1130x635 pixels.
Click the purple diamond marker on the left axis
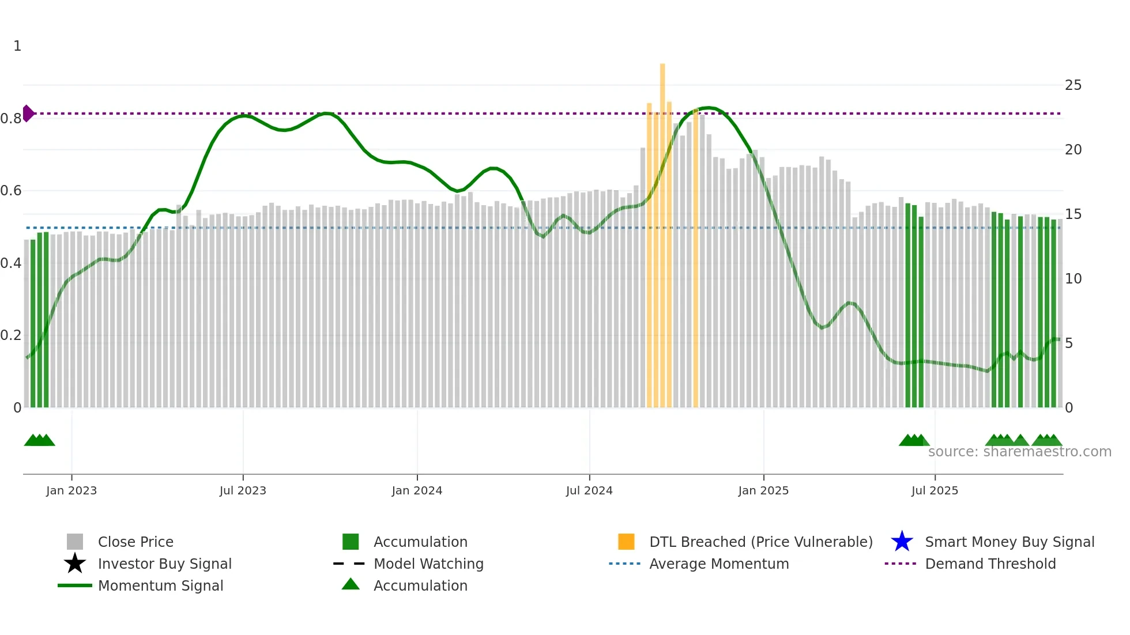point(28,114)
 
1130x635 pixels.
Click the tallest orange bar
point(662,230)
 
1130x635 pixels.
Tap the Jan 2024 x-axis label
point(417,490)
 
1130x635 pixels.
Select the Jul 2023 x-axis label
point(243,490)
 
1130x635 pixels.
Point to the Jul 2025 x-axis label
point(935,490)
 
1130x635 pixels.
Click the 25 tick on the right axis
point(1073,85)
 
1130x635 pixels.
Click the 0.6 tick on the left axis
point(11,191)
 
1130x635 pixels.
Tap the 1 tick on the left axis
point(17,46)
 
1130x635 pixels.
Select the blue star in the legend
point(902,542)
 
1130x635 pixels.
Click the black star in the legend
point(75,564)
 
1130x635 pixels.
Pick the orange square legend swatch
point(626,542)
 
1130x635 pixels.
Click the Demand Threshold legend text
point(990,564)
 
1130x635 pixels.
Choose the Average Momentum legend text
point(719,564)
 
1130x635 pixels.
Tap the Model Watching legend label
point(428,564)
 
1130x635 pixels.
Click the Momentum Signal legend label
point(160,585)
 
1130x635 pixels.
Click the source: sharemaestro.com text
point(1019,452)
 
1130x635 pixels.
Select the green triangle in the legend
point(351,584)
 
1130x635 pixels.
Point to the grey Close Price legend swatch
point(75,542)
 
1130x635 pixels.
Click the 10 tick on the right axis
point(1073,279)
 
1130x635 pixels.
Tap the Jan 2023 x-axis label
point(71,490)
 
